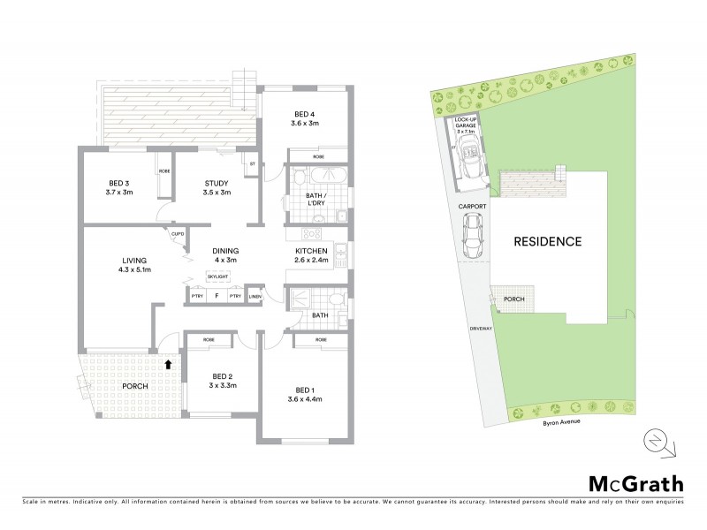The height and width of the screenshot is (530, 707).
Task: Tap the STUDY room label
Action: (217, 184)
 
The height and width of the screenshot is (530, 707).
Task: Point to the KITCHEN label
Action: (311, 251)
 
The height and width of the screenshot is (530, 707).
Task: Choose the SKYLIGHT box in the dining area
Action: (217, 276)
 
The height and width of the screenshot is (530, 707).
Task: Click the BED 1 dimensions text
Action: (304, 398)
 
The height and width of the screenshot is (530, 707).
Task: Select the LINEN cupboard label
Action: (255, 297)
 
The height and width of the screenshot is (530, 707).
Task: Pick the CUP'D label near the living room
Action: (178, 234)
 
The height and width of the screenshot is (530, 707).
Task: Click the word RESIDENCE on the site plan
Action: (548, 241)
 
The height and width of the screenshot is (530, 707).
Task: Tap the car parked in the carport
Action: (471, 235)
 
